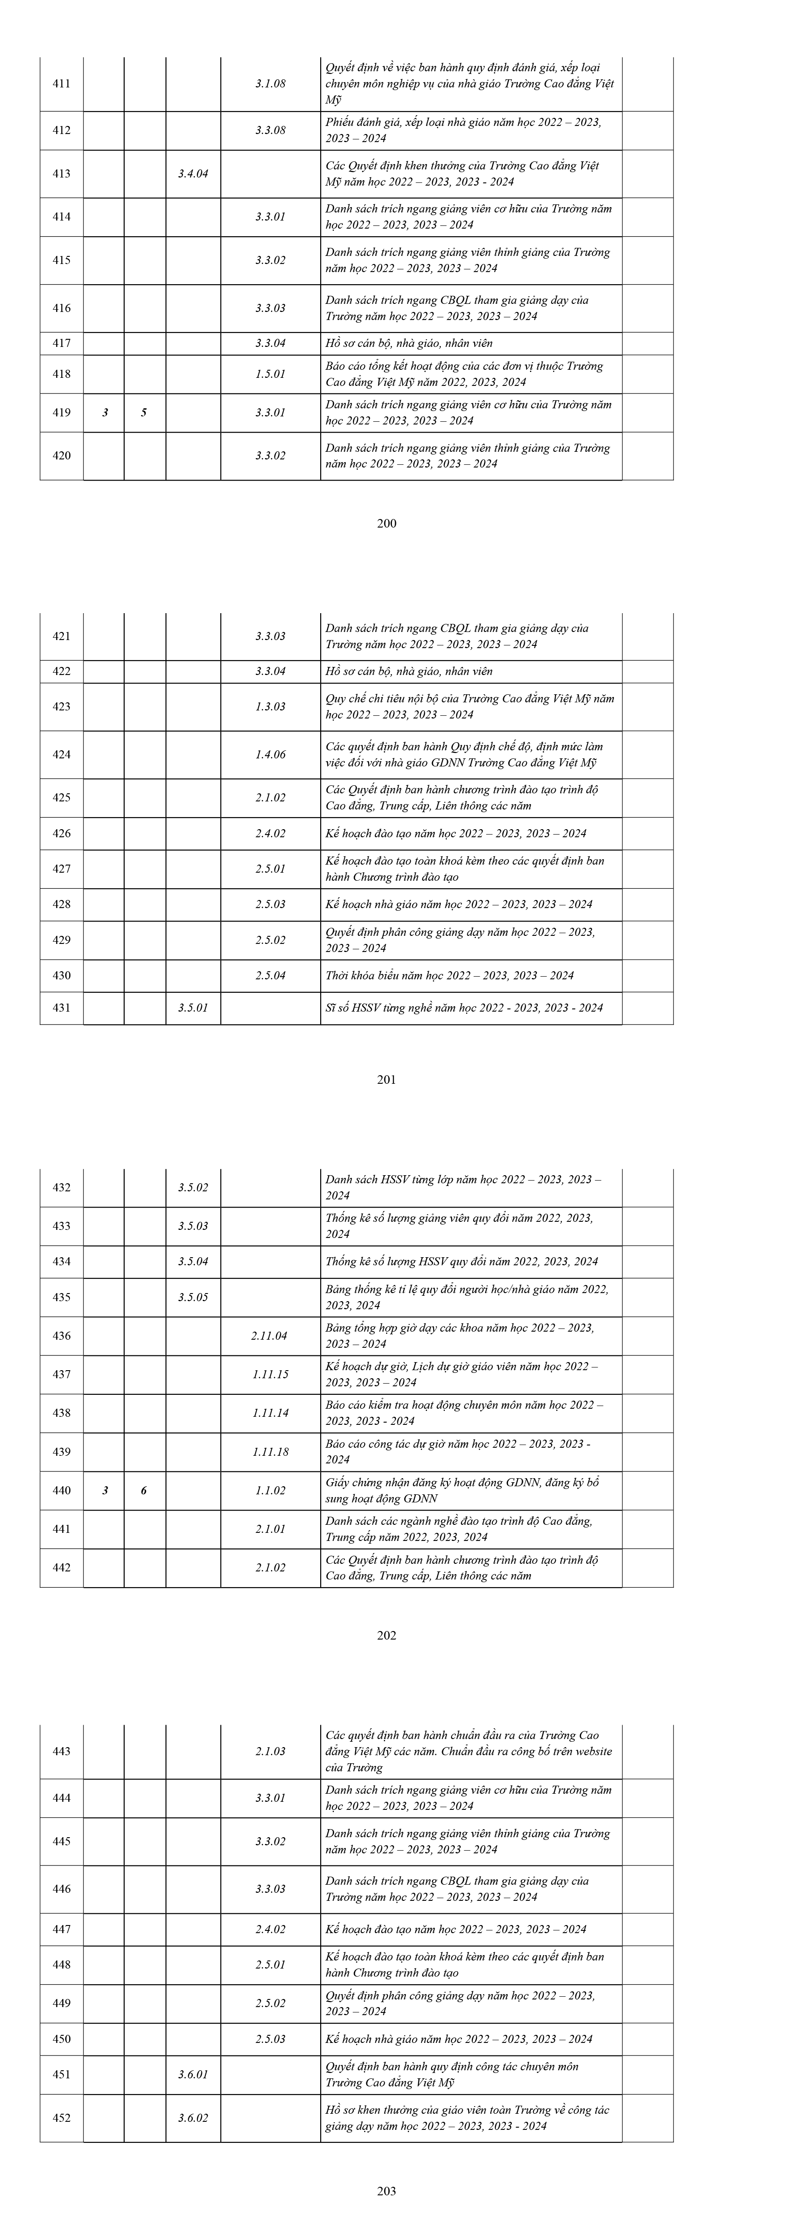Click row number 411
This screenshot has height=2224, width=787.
pyautogui.click(x=61, y=84)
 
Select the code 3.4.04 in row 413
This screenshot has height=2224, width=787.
pyautogui.click(x=193, y=173)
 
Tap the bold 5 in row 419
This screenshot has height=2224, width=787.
pyautogui.click(x=143, y=413)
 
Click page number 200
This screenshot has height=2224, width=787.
pyautogui.click(x=387, y=523)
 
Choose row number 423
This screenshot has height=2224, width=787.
pyautogui.click(x=61, y=706)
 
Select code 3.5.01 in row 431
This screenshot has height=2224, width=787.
pyautogui.click(x=193, y=1008)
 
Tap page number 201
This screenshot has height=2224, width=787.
pyautogui.click(x=387, y=1079)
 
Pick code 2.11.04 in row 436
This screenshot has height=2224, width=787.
pyautogui.click(x=270, y=1336)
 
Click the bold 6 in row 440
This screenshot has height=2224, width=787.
pyautogui.click(x=143, y=1490)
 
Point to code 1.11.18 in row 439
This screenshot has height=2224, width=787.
pyautogui.click(x=270, y=1451)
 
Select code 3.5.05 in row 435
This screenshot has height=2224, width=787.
pyautogui.click(x=193, y=1297)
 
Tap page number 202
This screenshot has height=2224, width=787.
pyautogui.click(x=387, y=1635)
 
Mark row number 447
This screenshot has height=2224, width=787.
pyautogui.click(x=61, y=1929)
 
